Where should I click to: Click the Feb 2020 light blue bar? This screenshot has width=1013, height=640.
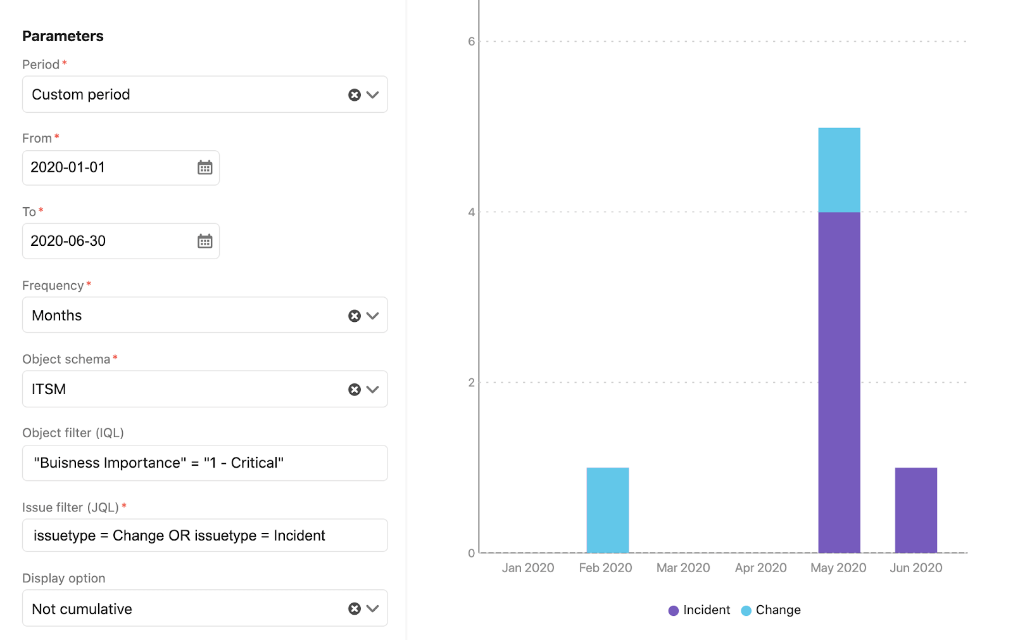607,510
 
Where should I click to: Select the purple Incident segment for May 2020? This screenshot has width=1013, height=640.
839,382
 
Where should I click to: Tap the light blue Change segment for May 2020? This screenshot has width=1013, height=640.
839,170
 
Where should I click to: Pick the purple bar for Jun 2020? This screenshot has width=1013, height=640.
915,510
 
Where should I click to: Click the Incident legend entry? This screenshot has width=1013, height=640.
699,610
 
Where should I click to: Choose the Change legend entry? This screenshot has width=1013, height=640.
771,610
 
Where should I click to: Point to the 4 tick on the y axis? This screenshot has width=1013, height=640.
471,212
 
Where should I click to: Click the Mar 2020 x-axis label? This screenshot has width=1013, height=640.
683,568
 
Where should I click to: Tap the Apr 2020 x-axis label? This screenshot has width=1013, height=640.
760,568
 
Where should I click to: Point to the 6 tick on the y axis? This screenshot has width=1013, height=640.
471,42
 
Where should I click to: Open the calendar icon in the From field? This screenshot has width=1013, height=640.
204,168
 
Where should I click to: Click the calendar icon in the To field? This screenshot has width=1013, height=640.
204,241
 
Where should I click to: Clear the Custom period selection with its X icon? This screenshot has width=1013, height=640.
355,95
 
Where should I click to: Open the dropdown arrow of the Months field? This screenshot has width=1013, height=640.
373,316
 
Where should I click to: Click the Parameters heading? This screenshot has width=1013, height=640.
63,36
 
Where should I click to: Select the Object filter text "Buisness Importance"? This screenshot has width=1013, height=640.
110,463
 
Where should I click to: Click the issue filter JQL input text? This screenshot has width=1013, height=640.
179,536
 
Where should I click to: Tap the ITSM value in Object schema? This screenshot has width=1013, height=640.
49,389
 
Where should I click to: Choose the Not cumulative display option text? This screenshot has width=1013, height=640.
82,609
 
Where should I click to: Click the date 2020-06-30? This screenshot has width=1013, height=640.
68,241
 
